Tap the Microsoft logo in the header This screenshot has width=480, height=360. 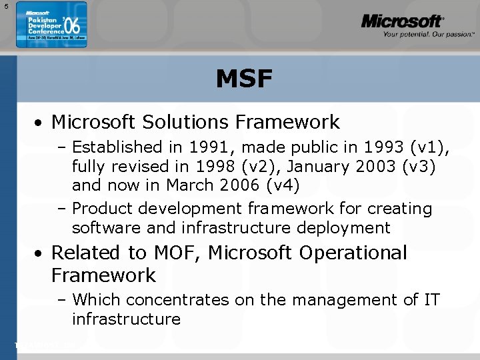tap(402, 22)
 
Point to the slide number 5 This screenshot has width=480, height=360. tap(5, 6)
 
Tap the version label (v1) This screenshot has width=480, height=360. tap(434, 147)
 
